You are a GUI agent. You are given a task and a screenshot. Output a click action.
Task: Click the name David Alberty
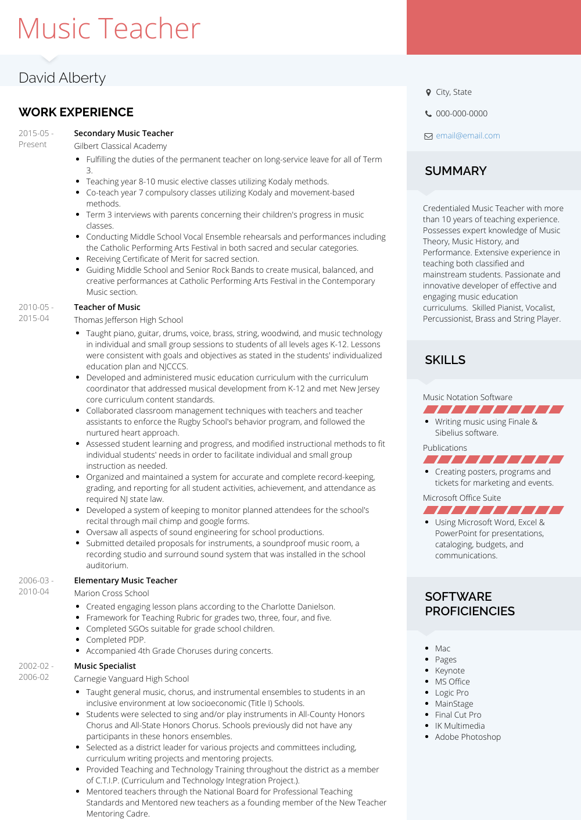coord(62,78)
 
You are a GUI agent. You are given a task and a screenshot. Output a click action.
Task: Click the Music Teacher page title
coord(109,28)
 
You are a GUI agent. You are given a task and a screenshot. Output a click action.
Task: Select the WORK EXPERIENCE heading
coord(76,112)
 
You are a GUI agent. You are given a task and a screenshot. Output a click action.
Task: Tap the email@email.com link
coord(468,136)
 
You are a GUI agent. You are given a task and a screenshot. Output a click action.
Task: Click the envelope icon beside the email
coord(428,136)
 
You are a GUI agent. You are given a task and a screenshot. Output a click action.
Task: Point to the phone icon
coord(428,114)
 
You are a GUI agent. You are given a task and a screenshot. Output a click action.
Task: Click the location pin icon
coord(428,92)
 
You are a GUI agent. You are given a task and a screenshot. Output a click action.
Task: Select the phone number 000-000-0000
coord(461,113)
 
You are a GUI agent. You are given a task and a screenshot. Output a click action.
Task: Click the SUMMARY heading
coord(456,171)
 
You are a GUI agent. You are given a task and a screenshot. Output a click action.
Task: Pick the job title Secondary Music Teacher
coord(124,133)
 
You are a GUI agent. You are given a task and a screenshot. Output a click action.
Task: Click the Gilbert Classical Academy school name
coord(120,146)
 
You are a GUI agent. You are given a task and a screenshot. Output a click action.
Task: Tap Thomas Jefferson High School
coord(128,320)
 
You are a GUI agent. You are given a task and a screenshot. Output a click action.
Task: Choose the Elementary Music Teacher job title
coord(125,580)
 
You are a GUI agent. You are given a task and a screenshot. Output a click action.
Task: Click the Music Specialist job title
coord(105,666)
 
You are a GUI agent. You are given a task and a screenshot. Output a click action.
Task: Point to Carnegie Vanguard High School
coord(131,679)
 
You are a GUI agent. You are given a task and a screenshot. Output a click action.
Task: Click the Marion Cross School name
coord(112,593)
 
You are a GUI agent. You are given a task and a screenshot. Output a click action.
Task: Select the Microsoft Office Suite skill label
coord(462,498)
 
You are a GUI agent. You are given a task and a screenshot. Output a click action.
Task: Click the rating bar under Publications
coord(493,459)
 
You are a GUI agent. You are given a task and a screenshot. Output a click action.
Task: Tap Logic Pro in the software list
coord(451,693)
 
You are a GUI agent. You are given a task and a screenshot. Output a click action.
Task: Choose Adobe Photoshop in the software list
coord(468,737)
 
